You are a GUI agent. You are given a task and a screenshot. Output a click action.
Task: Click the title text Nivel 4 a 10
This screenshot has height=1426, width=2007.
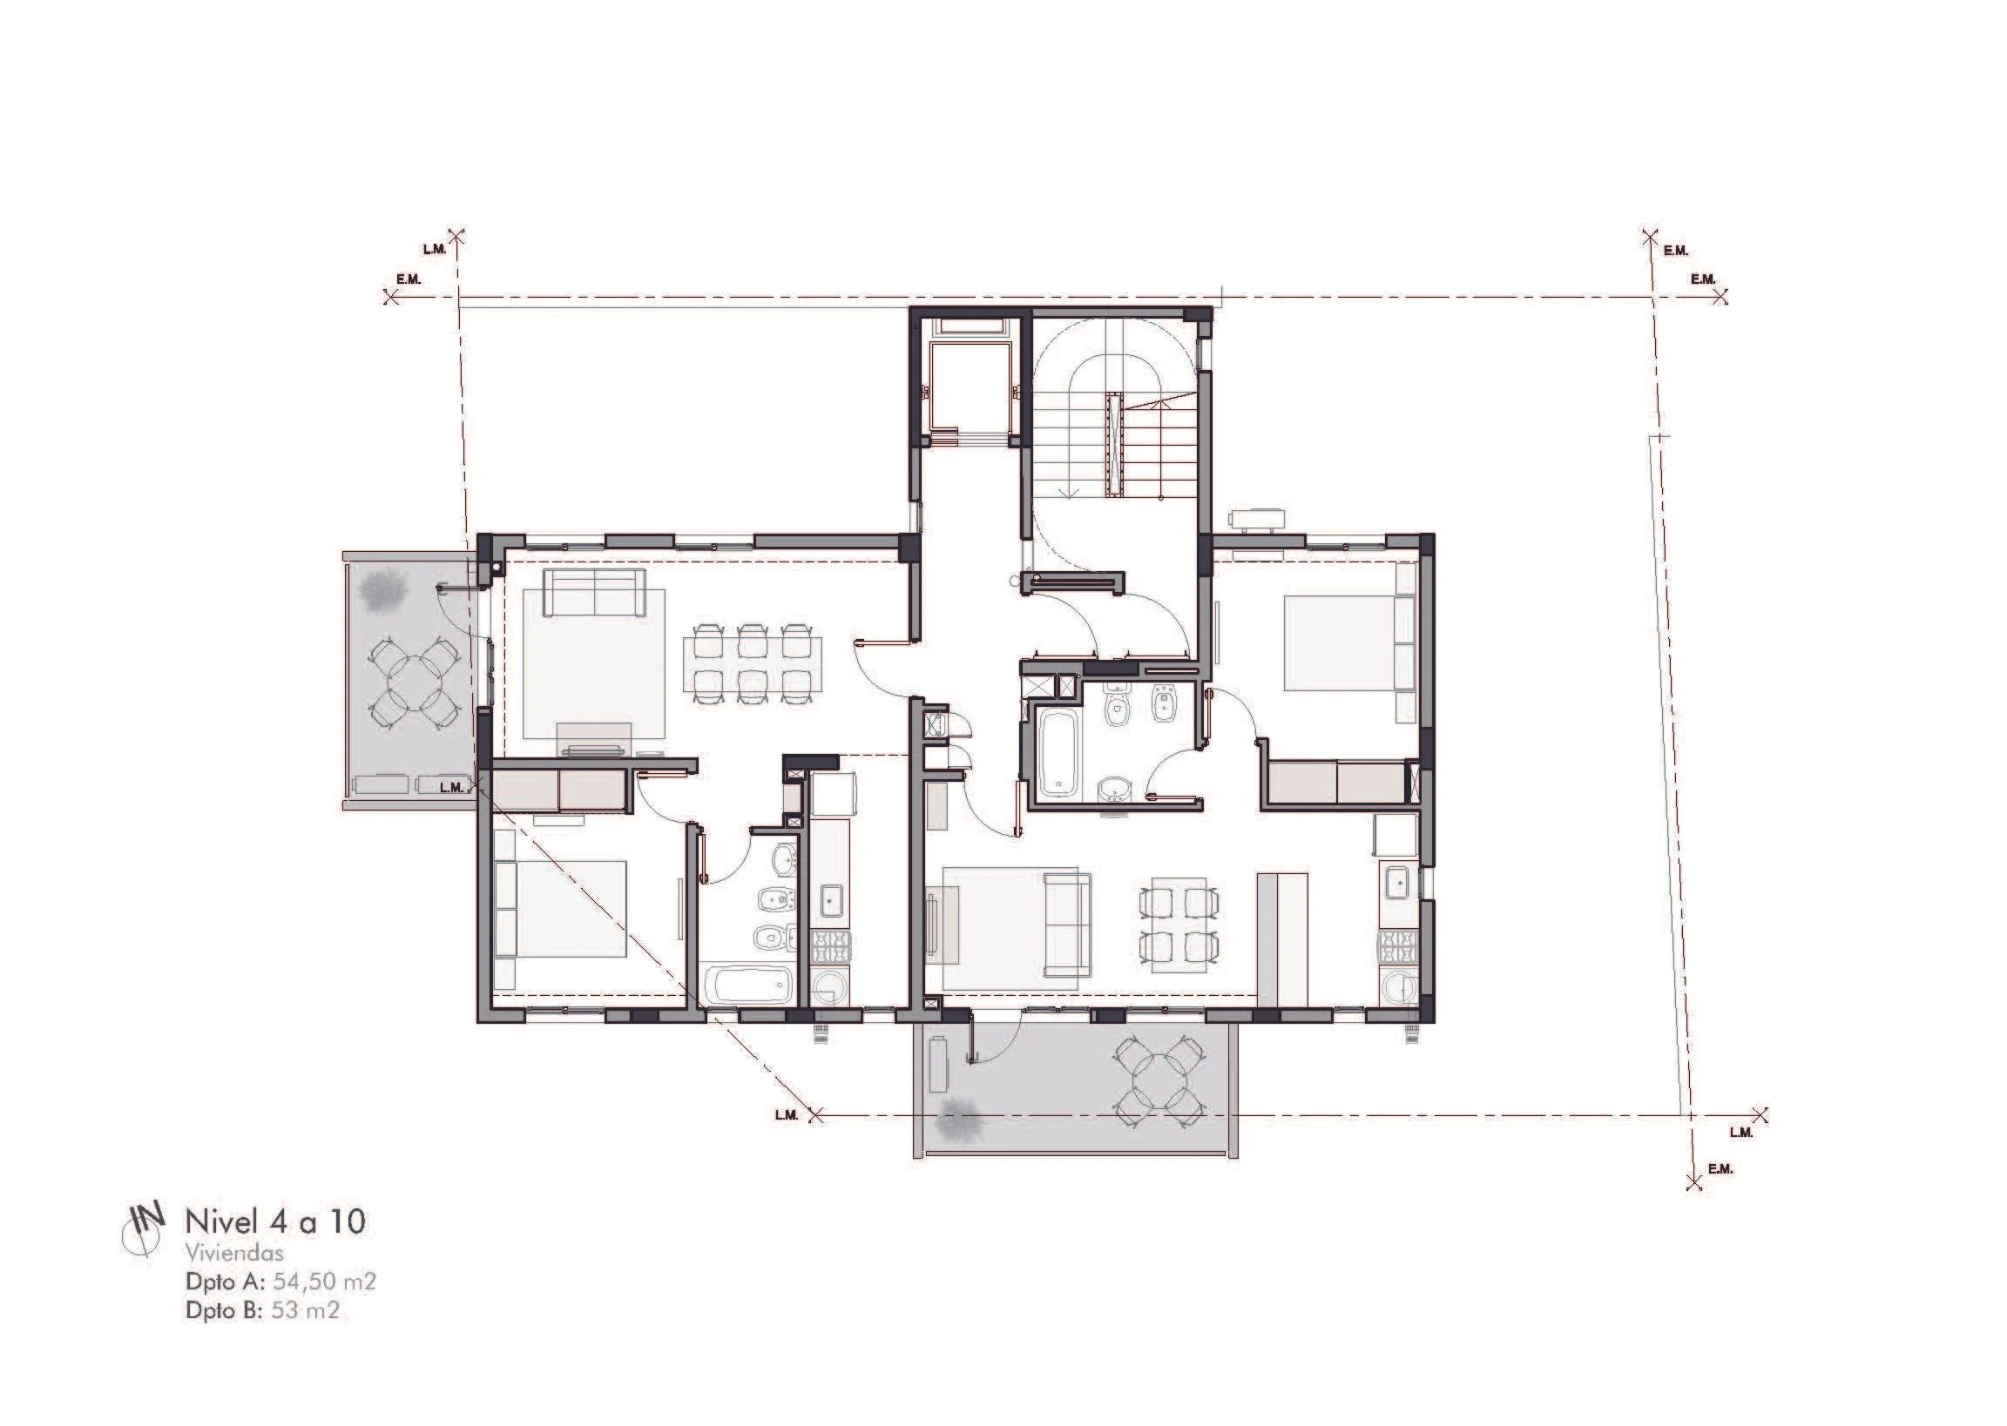275,1221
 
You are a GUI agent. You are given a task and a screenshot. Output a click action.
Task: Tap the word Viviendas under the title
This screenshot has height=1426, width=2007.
234,1254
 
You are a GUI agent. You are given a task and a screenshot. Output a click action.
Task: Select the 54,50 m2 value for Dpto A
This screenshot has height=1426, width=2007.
324,1282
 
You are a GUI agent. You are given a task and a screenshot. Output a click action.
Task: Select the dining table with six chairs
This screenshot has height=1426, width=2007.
753,663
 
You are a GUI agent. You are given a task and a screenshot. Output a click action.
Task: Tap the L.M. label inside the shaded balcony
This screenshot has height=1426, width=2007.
451,787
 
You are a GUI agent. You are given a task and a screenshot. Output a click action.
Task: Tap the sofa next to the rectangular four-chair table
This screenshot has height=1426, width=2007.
1066,925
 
